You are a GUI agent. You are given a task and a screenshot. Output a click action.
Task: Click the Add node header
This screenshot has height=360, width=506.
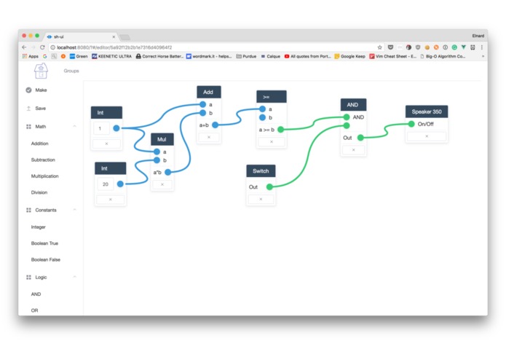click(208, 93)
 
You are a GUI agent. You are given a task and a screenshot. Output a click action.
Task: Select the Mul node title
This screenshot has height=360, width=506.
click(162, 139)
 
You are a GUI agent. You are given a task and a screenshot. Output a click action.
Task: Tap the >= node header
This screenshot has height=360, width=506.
click(271, 97)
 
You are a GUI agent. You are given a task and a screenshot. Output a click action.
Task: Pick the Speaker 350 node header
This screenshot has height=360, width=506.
click(427, 111)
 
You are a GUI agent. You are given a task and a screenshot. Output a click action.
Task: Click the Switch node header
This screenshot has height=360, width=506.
click(261, 171)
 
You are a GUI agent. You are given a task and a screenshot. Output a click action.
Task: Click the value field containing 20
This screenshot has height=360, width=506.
click(106, 184)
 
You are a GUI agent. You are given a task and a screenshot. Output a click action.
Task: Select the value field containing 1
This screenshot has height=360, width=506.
click(101, 128)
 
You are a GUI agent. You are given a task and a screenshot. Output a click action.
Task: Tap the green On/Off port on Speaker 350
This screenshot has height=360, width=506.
click(411, 124)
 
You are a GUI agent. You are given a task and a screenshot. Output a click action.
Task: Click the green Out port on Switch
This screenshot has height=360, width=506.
click(269, 187)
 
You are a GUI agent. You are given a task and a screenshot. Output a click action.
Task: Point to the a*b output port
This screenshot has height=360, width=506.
click(168, 173)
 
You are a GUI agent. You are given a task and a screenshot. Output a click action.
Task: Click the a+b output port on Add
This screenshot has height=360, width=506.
click(216, 125)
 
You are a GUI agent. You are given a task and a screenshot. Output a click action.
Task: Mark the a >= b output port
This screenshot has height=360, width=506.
click(280, 130)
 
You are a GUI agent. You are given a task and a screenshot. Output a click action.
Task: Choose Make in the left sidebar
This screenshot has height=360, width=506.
click(41, 90)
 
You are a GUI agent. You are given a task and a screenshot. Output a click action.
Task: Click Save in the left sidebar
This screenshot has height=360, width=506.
click(40, 109)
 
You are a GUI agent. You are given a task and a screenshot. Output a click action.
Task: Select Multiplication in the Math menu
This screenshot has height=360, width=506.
click(44, 176)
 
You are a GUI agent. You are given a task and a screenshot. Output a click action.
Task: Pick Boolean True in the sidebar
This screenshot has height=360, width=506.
click(44, 243)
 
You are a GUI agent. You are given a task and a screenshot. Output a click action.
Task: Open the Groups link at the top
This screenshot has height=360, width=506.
click(71, 71)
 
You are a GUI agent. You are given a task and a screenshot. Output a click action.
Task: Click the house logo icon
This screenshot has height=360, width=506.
click(41, 70)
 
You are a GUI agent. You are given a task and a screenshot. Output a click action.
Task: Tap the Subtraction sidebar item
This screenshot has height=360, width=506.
click(43, 160)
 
